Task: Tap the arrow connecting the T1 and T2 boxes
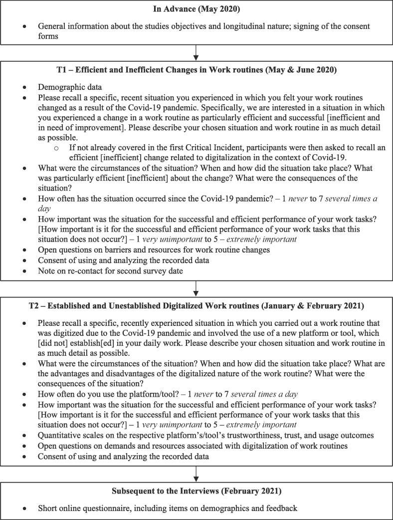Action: [x=196, y=287]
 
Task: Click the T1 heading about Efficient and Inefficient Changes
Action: [x=196, y=70]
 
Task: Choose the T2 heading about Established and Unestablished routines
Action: [x=196, y=305]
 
